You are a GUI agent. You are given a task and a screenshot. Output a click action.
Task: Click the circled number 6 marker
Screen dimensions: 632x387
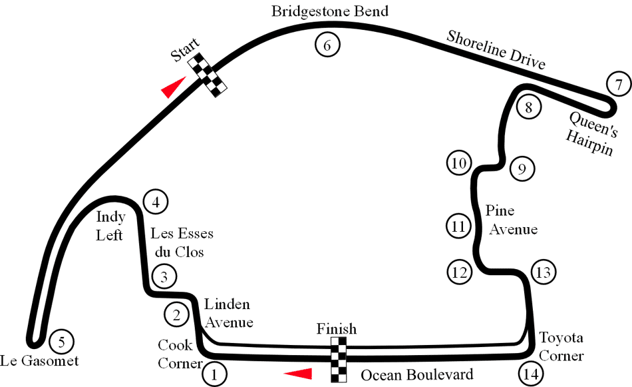[327, 45]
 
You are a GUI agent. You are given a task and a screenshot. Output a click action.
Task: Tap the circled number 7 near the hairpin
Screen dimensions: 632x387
[619, 84]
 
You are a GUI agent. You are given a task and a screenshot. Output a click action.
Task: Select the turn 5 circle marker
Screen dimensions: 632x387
[61, 342]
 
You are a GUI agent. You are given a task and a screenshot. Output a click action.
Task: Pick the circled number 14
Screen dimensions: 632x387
[531, 374]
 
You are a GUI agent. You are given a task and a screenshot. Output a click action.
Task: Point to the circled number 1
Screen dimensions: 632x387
[214, 374]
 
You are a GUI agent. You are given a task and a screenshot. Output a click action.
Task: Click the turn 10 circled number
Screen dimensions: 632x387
[459, 163]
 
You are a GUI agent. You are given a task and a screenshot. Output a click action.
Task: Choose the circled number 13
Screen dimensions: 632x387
[544, 272]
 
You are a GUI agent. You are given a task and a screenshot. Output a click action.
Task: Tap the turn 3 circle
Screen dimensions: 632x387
[164, 277]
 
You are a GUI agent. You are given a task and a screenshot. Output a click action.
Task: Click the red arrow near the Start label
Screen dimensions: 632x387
[174, 87]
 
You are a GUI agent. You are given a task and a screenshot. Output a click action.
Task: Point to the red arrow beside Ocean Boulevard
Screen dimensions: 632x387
[298, 374]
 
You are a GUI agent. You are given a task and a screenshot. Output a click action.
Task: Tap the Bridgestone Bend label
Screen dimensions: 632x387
[330, 11]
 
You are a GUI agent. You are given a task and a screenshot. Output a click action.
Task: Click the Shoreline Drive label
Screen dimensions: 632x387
[496, 50]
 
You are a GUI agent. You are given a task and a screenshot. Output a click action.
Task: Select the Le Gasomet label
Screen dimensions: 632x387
[39, 360]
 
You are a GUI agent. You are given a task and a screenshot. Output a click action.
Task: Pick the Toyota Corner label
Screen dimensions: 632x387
[561, 346]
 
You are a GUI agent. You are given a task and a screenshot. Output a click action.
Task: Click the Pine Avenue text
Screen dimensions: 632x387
[511, 220]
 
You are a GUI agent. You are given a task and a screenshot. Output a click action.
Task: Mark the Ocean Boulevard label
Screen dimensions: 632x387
[416, 375]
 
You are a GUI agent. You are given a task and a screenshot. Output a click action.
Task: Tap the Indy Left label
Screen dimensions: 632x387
[110, 226]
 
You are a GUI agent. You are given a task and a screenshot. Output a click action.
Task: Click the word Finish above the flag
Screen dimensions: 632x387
[337, 329]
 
